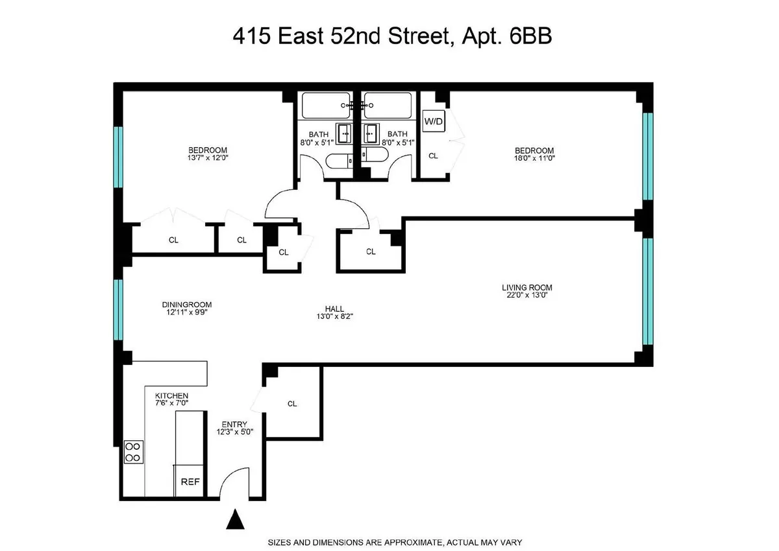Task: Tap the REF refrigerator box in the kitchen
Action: [x=190, y=482]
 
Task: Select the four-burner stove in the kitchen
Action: [x=134, y=452]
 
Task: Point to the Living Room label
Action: [x=526, y=287]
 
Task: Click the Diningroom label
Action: [x=187, y=305]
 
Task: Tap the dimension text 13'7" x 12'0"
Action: [x=207, y=158]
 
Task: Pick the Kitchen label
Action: [x=171, y=395]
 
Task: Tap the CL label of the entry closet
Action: [x=292, y=404]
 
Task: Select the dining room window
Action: [x=118, y=310]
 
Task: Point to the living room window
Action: [x=647, y=292]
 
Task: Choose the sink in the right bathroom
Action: [x=371, y=134]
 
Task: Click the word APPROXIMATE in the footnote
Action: [x=416, y=542]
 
